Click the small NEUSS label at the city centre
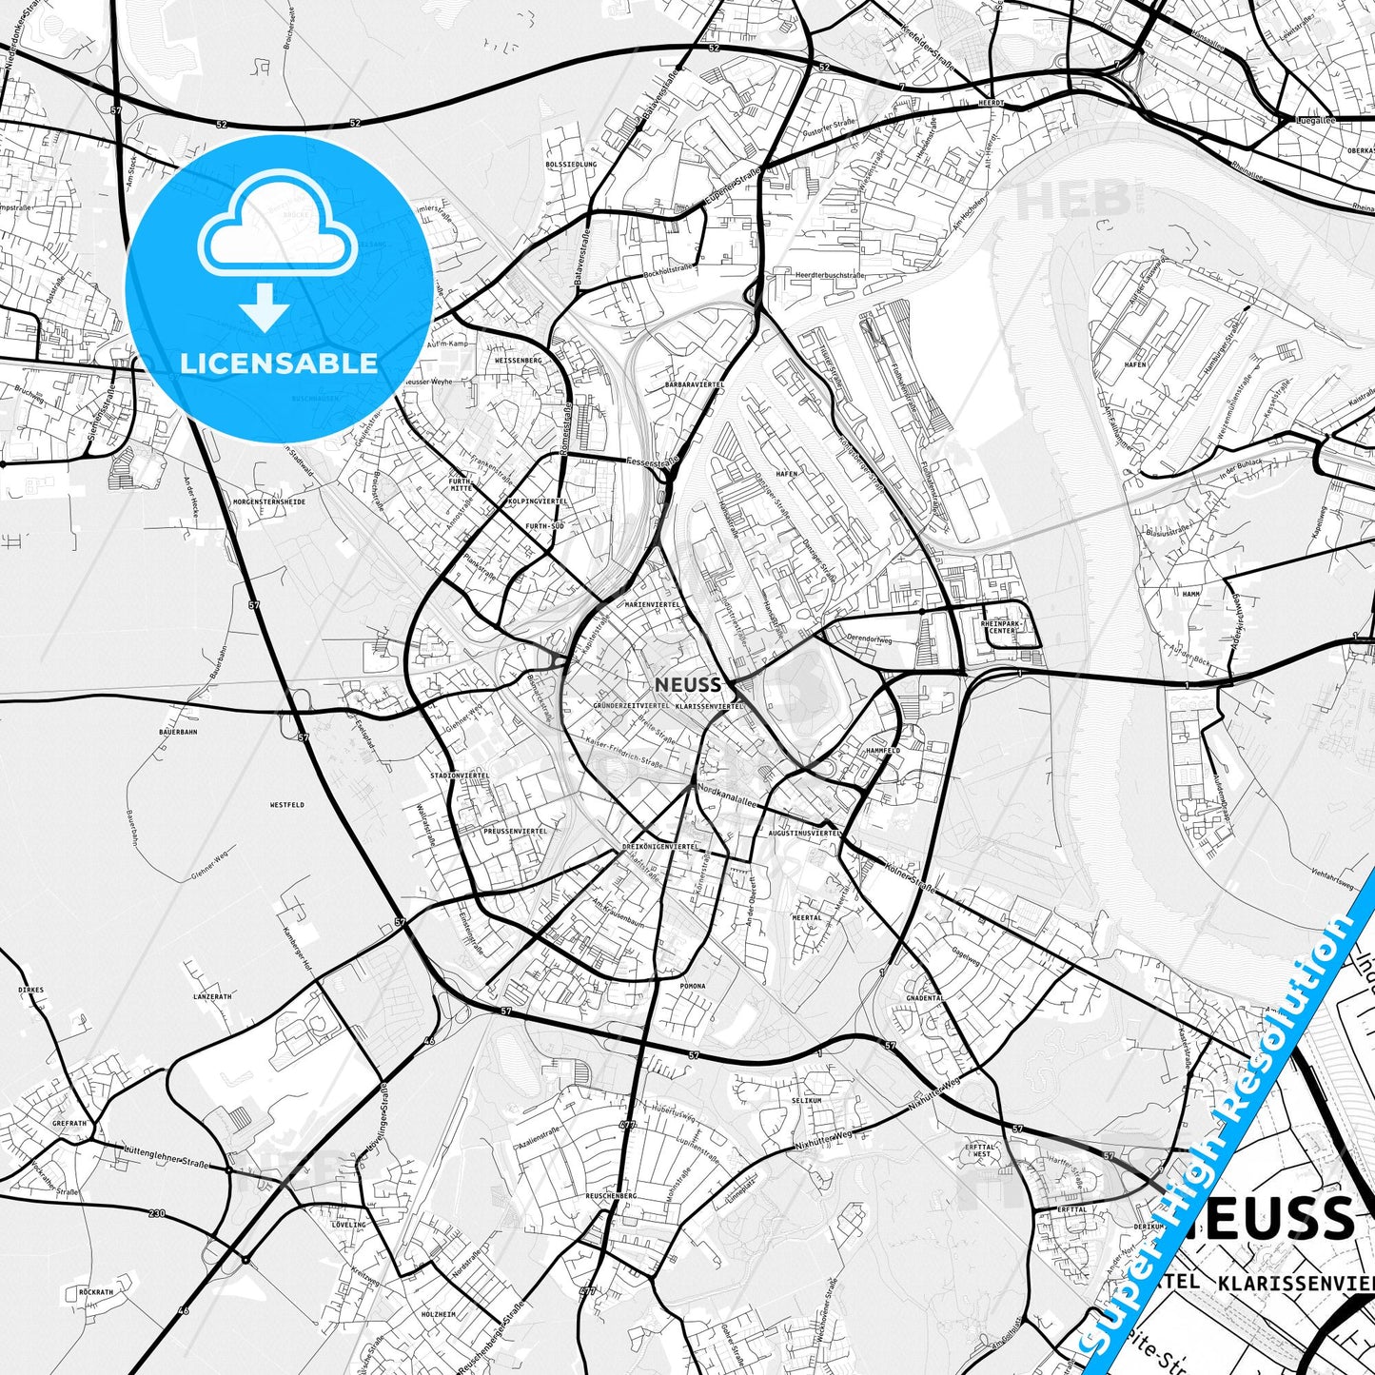click(687, 685)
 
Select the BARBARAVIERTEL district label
click(695, 384)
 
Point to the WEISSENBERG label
click(518, 361)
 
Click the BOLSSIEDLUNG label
click(571, 165)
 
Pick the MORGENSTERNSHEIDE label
click(269, 501)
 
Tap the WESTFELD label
click(286, 805)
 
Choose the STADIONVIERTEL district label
click(460, 776)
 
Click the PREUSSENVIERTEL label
click(515, 831)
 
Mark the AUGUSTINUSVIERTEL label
click(803, 833)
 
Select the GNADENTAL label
click(924, 998)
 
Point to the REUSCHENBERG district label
click(611, 1196)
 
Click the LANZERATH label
click(212, 996)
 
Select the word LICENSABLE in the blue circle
click(279, 363)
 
